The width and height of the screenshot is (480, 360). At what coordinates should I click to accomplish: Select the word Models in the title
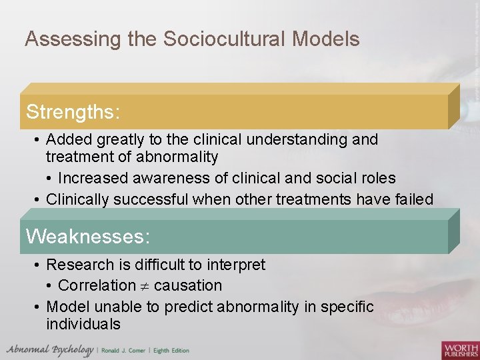tap(326, 39)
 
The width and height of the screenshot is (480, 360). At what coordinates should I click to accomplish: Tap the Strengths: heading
tap(73, 111)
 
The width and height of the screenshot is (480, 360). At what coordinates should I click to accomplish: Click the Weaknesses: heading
tap(87, 237)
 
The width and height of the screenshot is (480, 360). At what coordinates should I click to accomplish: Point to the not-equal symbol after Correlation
tap(145, 286)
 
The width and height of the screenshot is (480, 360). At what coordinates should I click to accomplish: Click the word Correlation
tap(97, 285)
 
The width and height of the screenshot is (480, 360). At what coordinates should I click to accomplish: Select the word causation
tap(188, 285)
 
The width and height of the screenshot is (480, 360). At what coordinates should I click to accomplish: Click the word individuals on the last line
tap(83, 325)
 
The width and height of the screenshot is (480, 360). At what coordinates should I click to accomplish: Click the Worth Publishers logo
tap(460, 349)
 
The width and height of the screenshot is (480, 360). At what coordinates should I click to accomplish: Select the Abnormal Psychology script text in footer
tap(49, 350)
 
